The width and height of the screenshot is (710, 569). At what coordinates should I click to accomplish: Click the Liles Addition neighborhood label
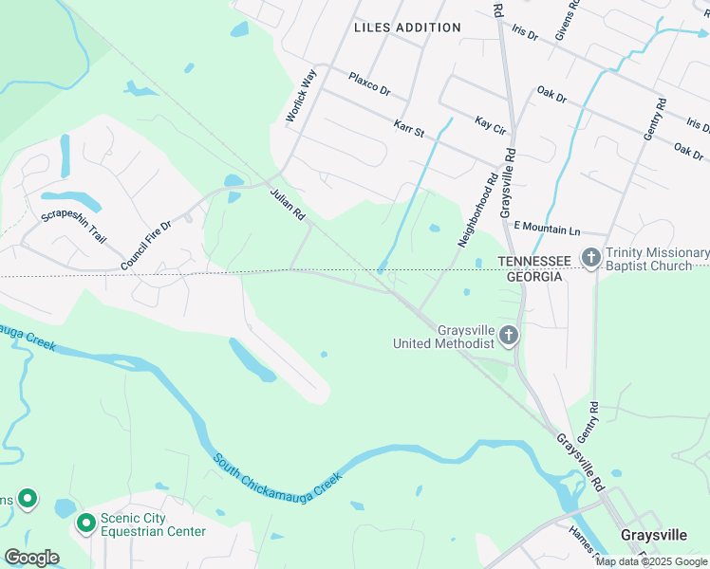pyautogui.click(x=407, y=28)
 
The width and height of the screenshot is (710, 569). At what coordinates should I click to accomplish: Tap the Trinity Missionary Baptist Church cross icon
pyautogui.click(x=591, y=257)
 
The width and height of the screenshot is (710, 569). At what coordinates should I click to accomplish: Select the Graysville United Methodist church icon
pyautogui.click(x=509, y=335)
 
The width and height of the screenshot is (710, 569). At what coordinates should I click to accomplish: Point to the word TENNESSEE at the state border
pyautogui.click(x=534, y=261)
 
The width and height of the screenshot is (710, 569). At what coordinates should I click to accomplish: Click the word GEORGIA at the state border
pyautogui.click(x=533, y=276)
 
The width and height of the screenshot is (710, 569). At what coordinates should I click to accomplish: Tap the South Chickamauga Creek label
pyautogui.click(x=276, y=480)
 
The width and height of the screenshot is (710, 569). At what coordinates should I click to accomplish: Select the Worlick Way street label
pyautogui.click(x=300, y=98)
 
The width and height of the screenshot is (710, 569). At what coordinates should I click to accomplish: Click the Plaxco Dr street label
pyautogui.click(x=369, y=83)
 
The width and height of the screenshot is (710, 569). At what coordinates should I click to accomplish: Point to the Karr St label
pyautogui.click(x=408, y=126)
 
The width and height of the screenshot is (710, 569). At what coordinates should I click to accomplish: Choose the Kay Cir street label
pyautogui.click(x=491, y=123)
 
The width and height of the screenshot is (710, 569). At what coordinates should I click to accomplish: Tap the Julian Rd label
pyautogui.click(x=286, y=205)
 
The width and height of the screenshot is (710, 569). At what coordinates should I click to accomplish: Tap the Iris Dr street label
pyautogui.click(x=525, y=34)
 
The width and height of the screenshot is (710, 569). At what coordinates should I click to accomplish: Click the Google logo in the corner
pyautogui.click(x=31, y=557)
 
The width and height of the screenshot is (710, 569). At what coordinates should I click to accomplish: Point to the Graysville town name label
pyautogui.click(x=653, y=535)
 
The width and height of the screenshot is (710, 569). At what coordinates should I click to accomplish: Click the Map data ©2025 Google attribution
pyautogui.click(x=652, y=561)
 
